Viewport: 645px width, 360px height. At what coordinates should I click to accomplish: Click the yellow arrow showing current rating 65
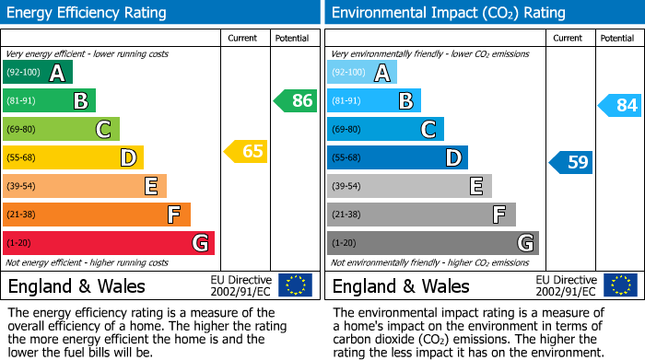point(247,151)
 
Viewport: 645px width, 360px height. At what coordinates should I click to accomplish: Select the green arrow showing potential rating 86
point(296,101)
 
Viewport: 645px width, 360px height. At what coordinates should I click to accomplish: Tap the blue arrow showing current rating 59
point(571,163)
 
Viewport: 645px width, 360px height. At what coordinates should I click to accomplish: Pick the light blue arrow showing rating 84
point(620,106)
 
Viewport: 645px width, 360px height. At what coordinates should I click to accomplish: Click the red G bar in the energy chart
point(109,243)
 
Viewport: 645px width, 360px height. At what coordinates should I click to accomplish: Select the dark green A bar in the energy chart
point(38,73)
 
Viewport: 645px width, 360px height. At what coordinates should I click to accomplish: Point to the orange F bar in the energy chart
point(97,215)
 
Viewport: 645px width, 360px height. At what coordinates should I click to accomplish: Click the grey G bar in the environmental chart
point(432,243)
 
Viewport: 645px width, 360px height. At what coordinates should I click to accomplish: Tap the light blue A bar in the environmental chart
point(362,73)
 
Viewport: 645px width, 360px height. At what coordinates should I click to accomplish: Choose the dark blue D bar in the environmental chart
point(397,157)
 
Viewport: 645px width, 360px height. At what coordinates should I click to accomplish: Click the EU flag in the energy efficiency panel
point(295,285)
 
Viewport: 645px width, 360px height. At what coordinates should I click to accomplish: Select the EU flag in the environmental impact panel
point(620,285)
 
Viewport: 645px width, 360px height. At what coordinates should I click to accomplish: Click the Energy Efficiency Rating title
point(88,13)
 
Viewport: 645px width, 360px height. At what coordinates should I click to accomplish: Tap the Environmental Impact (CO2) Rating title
point(448,13)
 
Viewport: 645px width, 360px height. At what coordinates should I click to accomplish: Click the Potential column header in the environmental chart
point(617,38)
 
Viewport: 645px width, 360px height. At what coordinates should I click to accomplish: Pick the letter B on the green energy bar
point(80,101)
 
